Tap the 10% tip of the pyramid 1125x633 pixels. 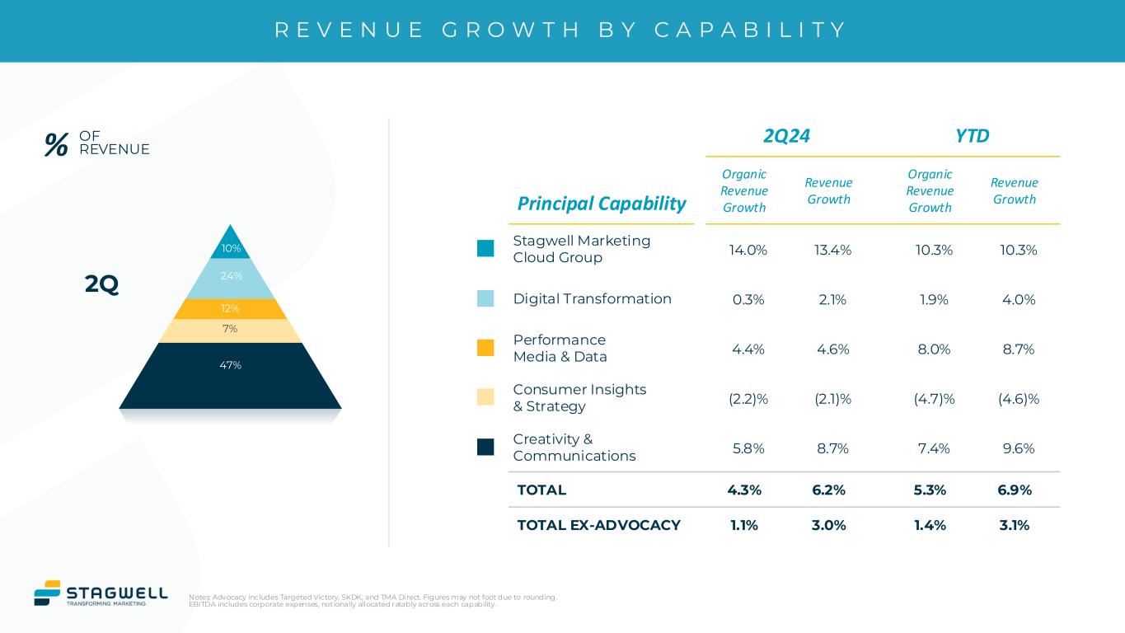click(x=231, y=246)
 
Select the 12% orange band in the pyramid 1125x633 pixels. click(x=231, y=308)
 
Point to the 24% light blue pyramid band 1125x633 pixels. click(x=231, y=277)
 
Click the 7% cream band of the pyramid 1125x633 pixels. click(x=231, y=330)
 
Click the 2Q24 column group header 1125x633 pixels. click(x=786, y=136)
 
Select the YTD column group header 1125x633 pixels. click(x=972, y=136)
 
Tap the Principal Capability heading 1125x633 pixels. click(x=602, y=204)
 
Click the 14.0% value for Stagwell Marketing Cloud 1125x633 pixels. click(x=748, y=250)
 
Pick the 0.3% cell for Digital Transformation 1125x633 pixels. click(x=748, y=299)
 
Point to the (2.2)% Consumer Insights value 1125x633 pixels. click(x=748, y=399)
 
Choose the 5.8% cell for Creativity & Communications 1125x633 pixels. click(x=748, y=448)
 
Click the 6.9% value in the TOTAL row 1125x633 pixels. click(x=1014, y=490)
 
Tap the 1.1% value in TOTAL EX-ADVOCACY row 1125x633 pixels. click(x=744, y=525)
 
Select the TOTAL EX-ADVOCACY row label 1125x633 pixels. click(x=598, y=525)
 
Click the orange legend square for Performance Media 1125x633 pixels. click(x=485, y=348)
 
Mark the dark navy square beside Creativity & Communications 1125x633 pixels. click(x=485, y=447)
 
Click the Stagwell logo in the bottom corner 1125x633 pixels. click(x=101, y=593)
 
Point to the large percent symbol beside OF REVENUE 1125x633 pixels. click(x=56, y=145)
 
